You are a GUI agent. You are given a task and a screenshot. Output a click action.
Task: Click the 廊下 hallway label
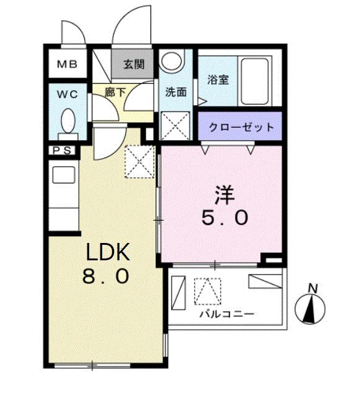pos(116,92)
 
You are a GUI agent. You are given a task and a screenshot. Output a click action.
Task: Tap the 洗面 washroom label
pos(175,92)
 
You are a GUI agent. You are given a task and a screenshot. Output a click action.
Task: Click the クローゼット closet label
pos(240,128)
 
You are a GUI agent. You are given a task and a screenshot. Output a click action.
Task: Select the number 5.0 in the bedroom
pos(224,217)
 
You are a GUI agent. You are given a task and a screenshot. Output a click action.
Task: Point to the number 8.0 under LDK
pos(106,275)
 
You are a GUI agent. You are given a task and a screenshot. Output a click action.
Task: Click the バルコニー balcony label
pos(226,314)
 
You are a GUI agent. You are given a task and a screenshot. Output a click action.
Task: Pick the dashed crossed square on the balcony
pos(208,291)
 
